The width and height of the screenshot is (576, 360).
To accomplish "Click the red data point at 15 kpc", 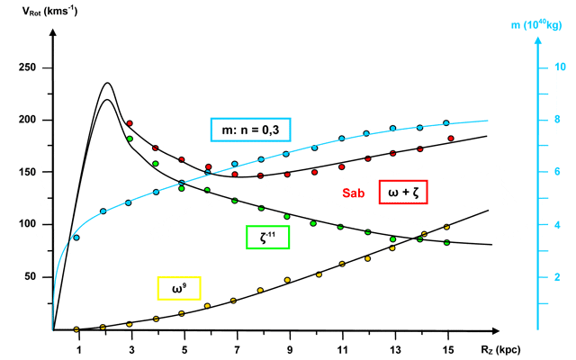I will tap(451, 138).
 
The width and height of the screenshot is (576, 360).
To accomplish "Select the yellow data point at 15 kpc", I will tap(447, 227).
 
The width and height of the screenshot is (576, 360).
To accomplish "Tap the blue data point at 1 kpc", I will tap(77, 238).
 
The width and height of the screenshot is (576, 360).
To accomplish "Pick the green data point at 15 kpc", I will tap(446, 242).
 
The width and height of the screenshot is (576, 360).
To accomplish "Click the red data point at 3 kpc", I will tap(130, 123).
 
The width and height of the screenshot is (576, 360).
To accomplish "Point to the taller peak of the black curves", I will tap(108, 83).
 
